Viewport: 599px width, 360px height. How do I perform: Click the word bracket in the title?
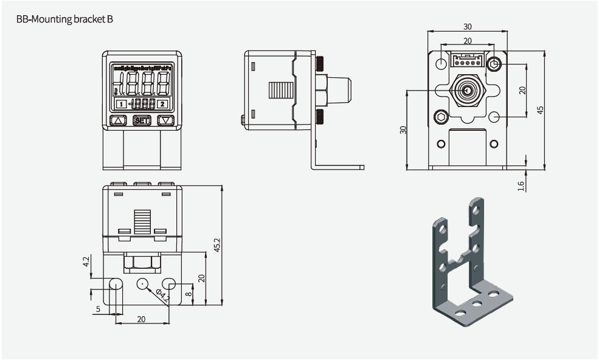[83, 19]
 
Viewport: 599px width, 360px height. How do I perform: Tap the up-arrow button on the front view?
[118, 120]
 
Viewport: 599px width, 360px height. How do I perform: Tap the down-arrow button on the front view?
[165, 120]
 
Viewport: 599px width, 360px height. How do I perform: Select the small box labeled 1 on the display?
[122, 104]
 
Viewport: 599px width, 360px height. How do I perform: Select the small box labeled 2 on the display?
[162, 104]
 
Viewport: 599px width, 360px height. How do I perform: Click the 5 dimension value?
[98, 309]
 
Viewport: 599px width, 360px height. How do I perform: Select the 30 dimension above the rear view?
[467, 27]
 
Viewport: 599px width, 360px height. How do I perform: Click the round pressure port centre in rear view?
[467, 91]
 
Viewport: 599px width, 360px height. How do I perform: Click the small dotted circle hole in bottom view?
[143, 283]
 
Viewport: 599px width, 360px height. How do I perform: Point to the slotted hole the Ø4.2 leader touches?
[170, 283]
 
